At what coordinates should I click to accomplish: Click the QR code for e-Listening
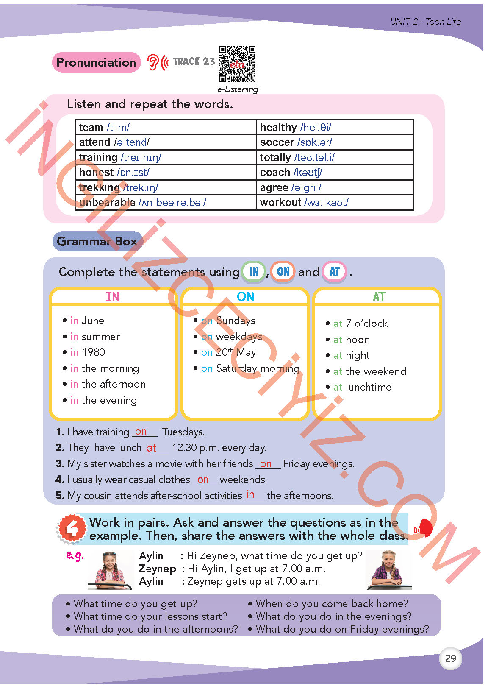point(237,64)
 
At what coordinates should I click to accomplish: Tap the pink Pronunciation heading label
point(96,62)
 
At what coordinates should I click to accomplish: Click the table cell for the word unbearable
point(166,203)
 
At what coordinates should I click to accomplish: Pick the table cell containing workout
point(334,203)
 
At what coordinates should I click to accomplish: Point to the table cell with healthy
point(334,127)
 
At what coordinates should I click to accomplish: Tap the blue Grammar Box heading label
point(97,241)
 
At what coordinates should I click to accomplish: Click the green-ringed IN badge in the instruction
point(254,271)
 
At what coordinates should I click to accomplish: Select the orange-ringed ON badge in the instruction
point(283,271)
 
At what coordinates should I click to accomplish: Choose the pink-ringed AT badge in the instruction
point(335,271)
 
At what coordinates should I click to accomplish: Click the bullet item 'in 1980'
point(87,352)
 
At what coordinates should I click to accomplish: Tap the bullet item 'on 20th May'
point(228,352)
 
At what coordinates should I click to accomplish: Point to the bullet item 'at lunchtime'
point(362,387)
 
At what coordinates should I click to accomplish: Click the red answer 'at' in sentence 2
point(152,448)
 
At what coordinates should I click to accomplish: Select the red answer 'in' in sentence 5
point(251,494)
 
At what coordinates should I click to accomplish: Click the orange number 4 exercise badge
point(72,529)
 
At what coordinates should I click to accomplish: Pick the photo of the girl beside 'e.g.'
point(109,569)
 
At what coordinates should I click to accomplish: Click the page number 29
point(450,658)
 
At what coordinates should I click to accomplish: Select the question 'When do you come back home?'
point(332,604)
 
